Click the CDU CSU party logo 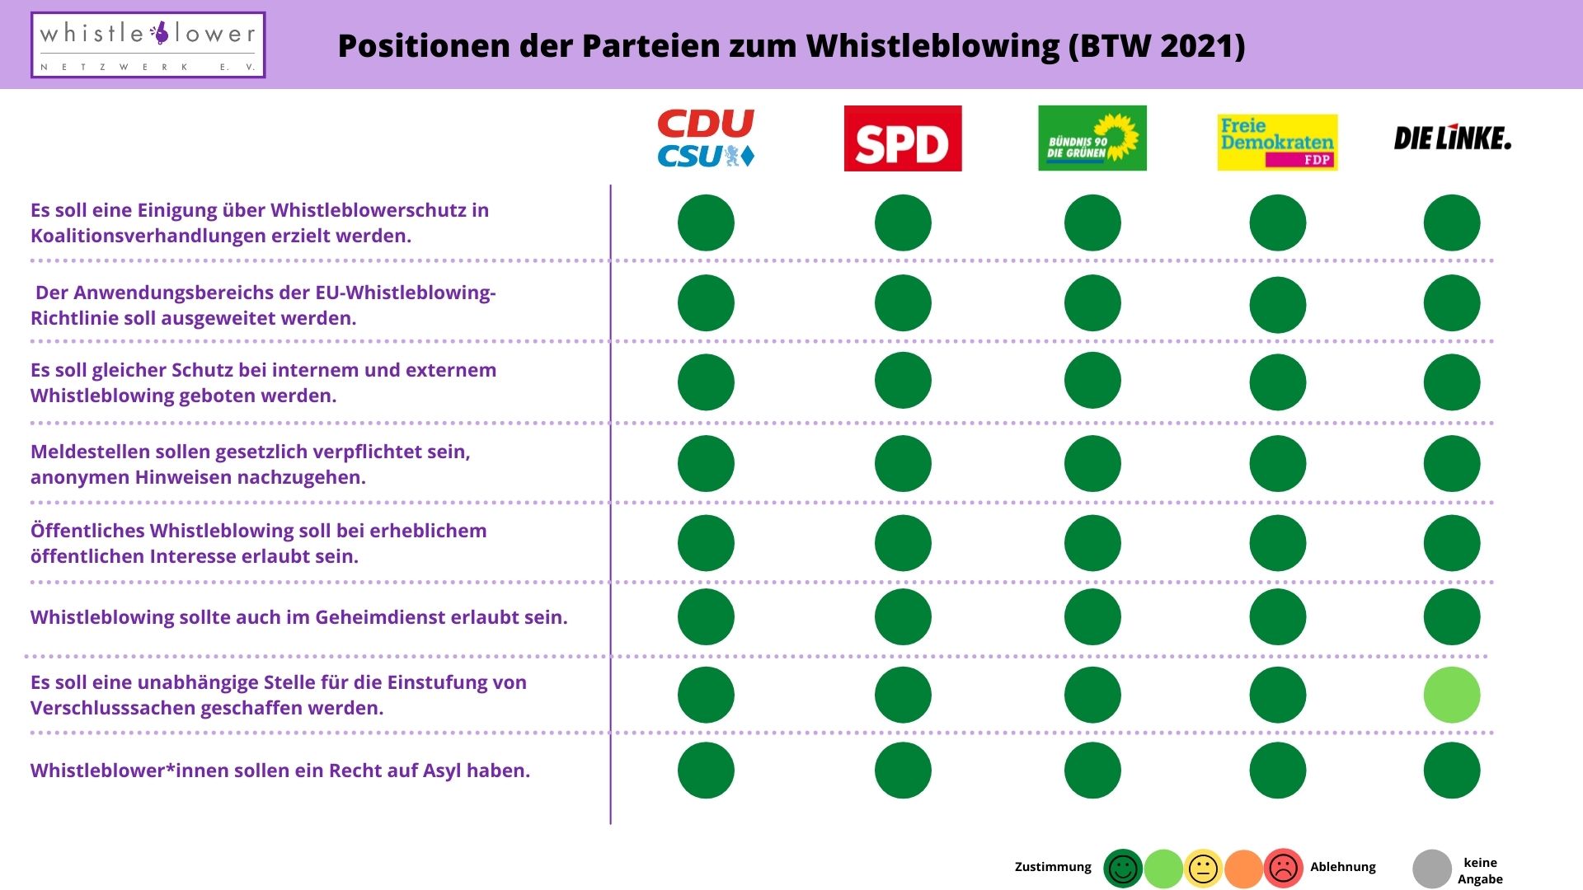pyautogui.click(x=706, y=138)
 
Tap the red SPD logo pyautogui.click(x=903, y=138)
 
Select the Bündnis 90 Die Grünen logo pyautogui.click(x=1092, y=138)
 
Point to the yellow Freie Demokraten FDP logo pyautogui.click(x=1277, y=142)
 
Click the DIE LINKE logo pyautogui.click(x=1452, y=138)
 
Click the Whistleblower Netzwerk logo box pyautogui.click(x=148, y=45)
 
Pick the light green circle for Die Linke pyautogui.click(x=1452, y=695)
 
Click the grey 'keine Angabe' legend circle pyautogui.click(x=1432, y=869)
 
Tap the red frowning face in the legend pyautogui.click(x=1283, y=869)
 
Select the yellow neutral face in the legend pyautogui.click(x=1203, y=869)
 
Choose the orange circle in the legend pyautogui.click(x=1243, y=869)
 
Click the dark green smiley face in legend pyautogui.click(x=1123, y=869)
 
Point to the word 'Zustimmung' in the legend pyautogui.click(x=1053, y=867)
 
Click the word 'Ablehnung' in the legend pyautogui.click(x=1343, y=867)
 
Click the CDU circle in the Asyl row pyautogui.click(x=706, y=771)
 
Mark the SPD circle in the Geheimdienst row pyautogui.click(x=903, y=616)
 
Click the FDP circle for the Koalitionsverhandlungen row pyautogui.click(x=1277, y=222)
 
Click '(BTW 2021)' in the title pyautogui.click(x=1157, y=46)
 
